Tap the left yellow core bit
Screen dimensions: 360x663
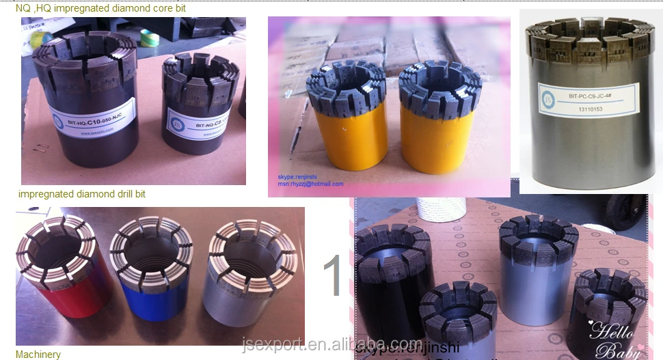click(x=340, y=123)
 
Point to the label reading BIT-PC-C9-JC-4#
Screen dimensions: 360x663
click(x=587, y=97)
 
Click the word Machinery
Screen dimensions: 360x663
click(x=38, y=355)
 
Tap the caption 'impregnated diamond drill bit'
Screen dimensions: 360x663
click(x=82, y=194)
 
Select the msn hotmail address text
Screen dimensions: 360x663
click(x=310, y=184)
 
